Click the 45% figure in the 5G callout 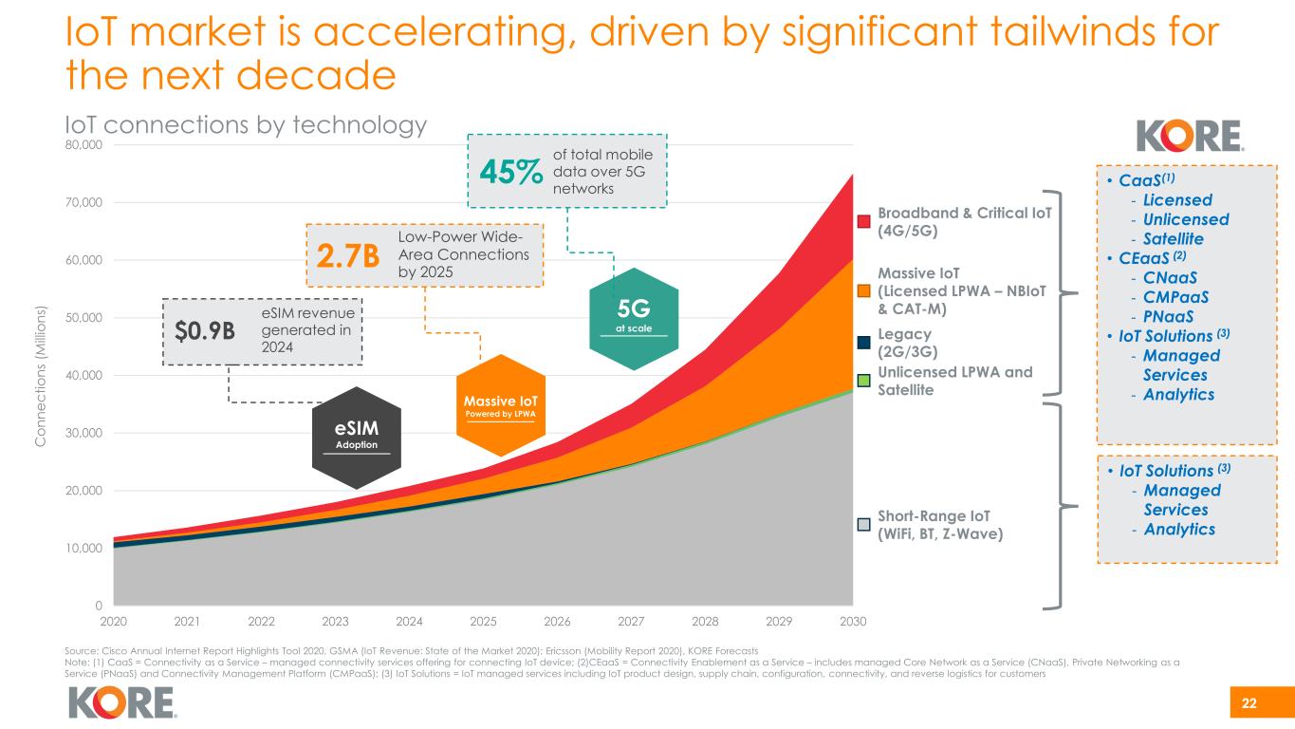(x=511, y=173)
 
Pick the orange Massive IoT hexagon (x=501, y=405)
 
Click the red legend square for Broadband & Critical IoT (x=863, y=222)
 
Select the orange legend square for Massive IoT (x=863, y=290)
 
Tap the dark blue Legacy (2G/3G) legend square (x=863, y=342)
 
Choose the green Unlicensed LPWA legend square (x=863, y=380)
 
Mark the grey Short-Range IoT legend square (x=863, y=524)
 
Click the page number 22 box (x=1249, y=703)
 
